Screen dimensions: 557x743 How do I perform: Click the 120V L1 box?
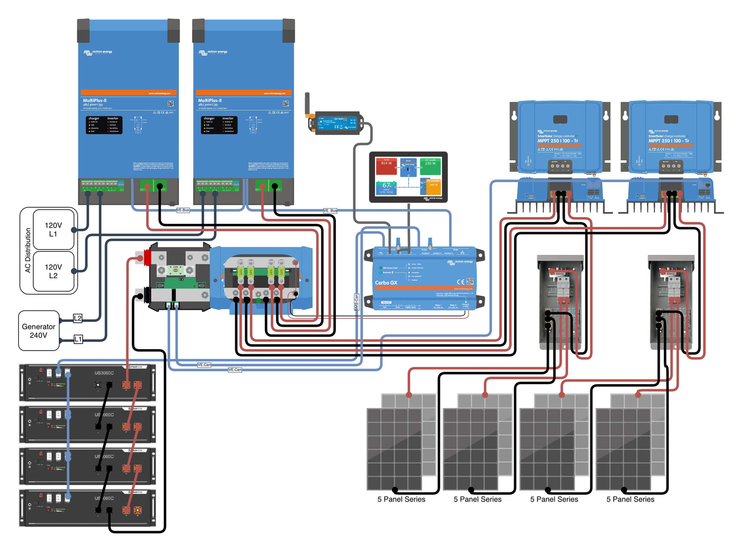click(53, 229)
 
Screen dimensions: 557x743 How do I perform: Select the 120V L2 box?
click(53, 271)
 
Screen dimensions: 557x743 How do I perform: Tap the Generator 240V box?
click(39, 331)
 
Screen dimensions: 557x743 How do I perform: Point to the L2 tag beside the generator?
click(78, 318)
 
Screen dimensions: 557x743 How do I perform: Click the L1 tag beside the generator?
click(78, 339)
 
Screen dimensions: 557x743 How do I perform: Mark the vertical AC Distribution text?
click(28, 250)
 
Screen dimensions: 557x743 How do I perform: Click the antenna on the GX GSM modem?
click(308, 103)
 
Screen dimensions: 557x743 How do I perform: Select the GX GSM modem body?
click(339, 123)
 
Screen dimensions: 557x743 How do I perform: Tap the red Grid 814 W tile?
click(386, 166)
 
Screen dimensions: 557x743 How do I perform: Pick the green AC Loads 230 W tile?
click(430, 166)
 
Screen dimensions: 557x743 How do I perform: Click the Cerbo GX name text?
click(386, 283)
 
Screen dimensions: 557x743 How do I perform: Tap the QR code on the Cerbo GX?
click(470, 281)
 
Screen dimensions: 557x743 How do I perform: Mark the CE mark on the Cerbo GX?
click(460, 281)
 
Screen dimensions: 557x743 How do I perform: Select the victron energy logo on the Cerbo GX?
click(460, 262)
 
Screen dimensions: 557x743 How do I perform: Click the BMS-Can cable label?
click(356, 303)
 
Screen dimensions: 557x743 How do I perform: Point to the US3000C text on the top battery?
click(104, 373)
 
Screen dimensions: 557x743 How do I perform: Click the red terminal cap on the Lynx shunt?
click(147, 257)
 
